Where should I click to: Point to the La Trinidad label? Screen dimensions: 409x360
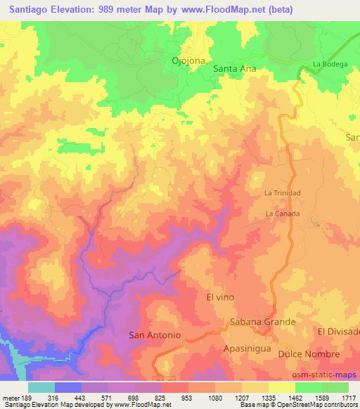click(282, 193)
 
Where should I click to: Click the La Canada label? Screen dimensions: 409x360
click(283, 214)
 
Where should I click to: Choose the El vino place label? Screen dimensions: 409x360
click(219, 297)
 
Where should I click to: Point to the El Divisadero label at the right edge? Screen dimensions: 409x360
click(339, 331)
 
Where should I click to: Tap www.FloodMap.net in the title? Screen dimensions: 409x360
click(217, 10)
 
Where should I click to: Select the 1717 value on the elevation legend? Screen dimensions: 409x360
click(348, 398)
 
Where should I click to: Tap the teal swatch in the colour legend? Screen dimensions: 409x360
click(41, 387)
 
